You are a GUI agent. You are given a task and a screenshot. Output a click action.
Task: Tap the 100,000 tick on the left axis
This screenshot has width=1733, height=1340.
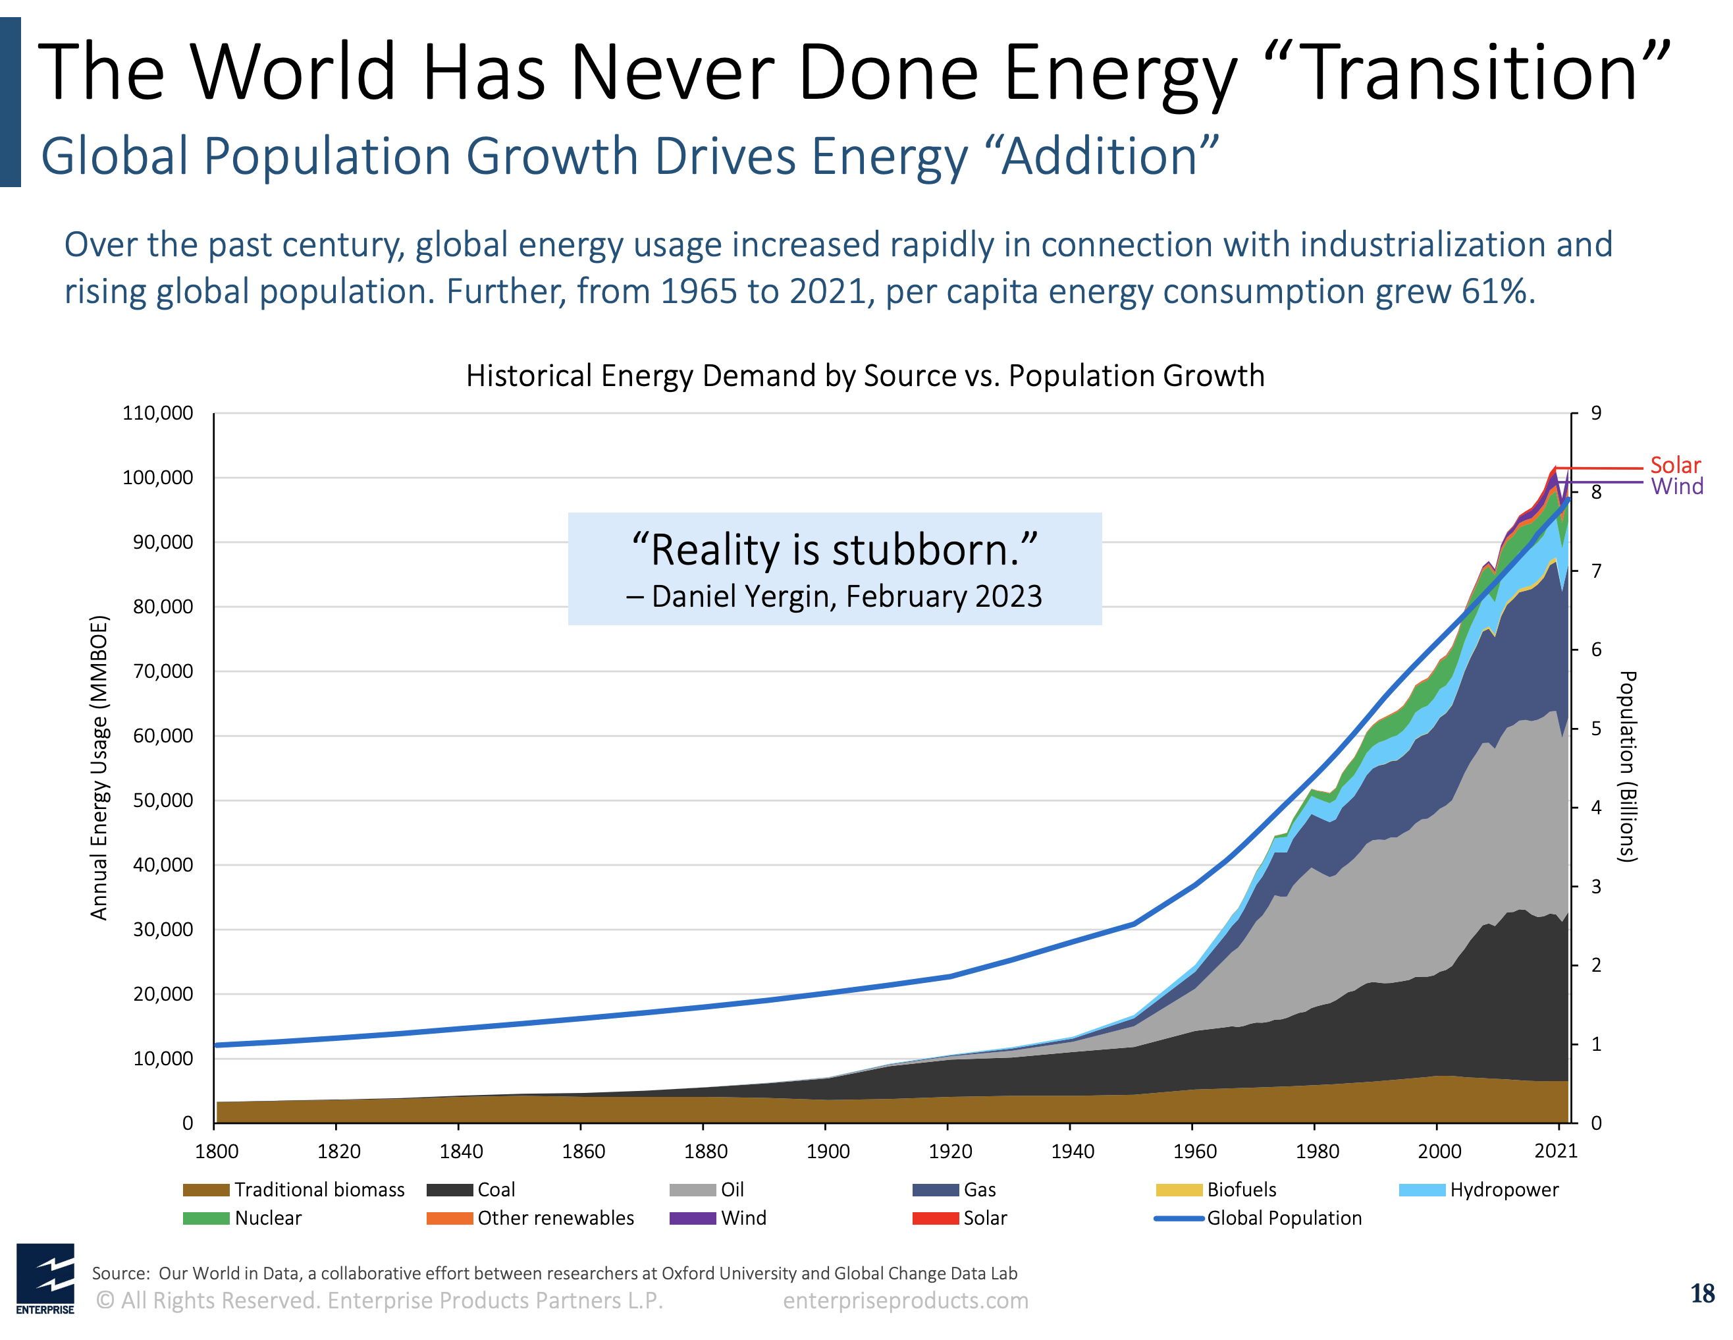(157, 478)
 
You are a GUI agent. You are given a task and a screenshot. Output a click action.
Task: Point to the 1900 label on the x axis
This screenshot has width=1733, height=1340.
(828, 1151)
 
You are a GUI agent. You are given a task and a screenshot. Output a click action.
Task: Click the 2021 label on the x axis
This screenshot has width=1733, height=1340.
(1555, 1151)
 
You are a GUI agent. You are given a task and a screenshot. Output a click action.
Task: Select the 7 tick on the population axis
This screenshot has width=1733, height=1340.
(1596, 571)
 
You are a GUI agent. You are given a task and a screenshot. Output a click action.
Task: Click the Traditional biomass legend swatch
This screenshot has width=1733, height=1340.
(206, 1190)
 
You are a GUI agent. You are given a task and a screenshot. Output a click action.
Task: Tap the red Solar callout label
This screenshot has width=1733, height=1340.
(1675, 465)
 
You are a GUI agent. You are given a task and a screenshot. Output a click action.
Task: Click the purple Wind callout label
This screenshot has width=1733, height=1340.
(1676, 487)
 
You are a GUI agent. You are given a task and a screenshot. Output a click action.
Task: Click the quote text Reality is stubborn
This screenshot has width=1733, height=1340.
(834, 550)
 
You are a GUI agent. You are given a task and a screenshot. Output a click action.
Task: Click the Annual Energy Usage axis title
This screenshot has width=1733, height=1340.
(98, 768)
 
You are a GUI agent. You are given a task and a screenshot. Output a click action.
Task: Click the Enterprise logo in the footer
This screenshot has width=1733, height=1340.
(45, 1279)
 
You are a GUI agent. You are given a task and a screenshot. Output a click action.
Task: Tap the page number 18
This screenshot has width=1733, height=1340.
(1701, 1294)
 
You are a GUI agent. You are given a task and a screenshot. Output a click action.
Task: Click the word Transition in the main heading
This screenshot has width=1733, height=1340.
(1470, 73)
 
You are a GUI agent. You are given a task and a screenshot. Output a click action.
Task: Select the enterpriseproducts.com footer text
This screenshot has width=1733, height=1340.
(905, 1300)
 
